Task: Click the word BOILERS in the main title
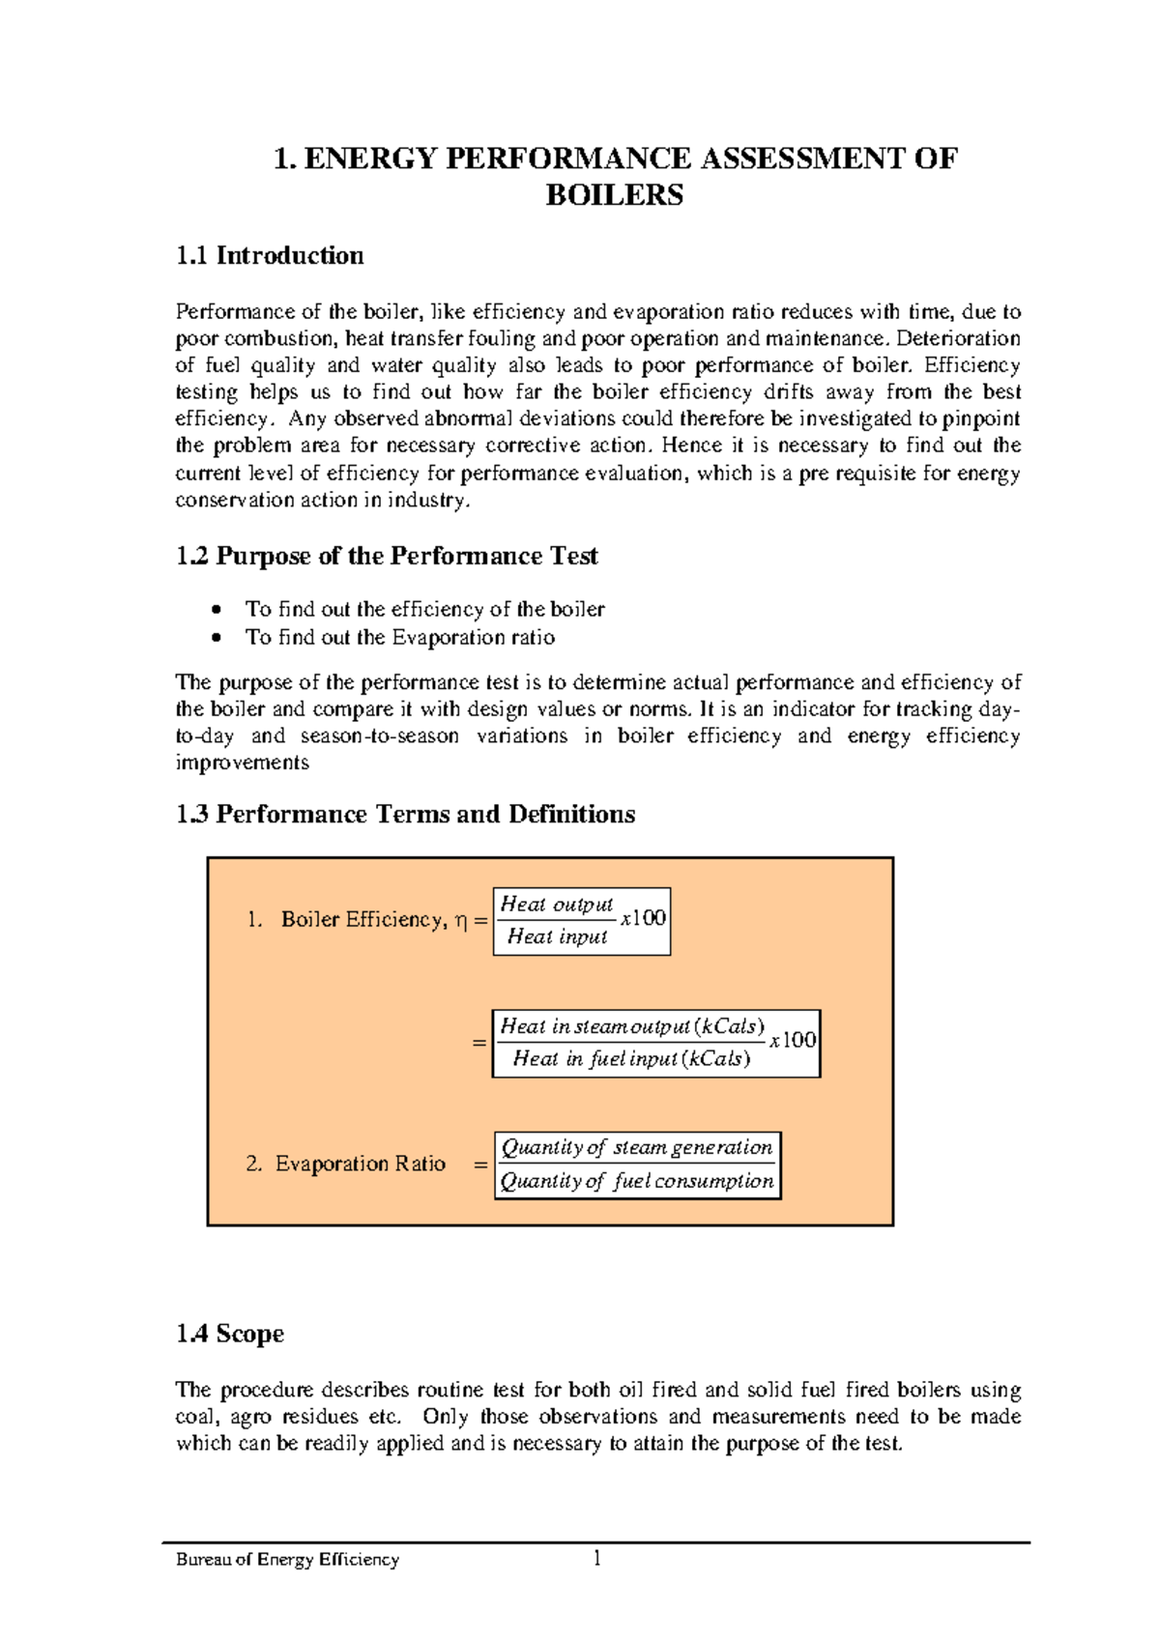(614, 195)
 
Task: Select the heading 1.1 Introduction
(270, 256)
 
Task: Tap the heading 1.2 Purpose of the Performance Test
(387, 557)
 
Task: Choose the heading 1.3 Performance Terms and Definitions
(405, 815)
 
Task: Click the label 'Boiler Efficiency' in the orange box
(362, 920)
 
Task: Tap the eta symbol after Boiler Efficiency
(460, 922)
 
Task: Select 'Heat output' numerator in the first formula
(556, 905)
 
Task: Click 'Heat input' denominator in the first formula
(557, 936)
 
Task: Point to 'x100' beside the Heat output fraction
(643, 918)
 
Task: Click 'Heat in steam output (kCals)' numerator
(632, 1026)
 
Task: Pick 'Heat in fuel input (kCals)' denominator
(631, 1059)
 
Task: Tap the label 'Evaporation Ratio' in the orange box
(360, 1165)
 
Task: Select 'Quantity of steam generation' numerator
(636, 1148)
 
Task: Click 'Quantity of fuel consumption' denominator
(636, 1181)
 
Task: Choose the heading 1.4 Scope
(230, 1335)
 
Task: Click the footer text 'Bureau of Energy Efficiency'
(287, 1560)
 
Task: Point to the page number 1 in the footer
(597, 1557)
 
